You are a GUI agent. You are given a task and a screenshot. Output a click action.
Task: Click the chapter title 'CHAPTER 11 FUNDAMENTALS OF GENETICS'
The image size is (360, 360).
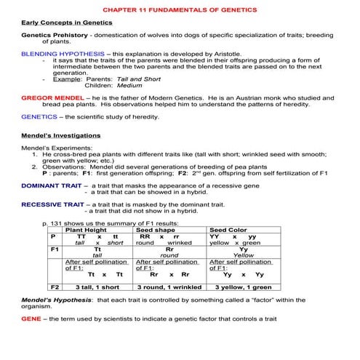(x=180, y=11)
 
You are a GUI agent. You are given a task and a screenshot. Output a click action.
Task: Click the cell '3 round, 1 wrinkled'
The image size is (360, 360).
(x=169, y=287)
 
